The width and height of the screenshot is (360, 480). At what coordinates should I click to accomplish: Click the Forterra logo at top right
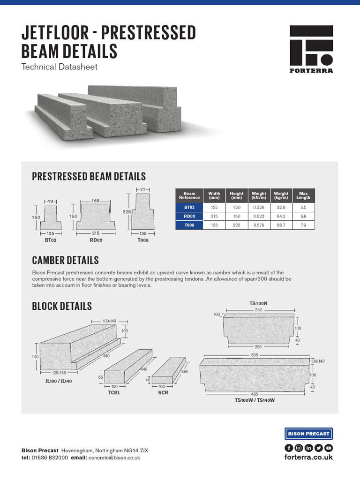311,49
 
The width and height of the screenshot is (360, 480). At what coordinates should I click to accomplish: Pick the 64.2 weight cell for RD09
281,217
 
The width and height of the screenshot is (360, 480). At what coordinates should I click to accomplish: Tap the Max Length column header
303,195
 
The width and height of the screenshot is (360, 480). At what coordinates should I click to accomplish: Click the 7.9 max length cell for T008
303,225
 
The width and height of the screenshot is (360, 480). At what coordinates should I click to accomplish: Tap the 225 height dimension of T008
127,211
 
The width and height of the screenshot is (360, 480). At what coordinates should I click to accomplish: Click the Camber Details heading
65,260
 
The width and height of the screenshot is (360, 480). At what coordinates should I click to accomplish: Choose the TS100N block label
258,303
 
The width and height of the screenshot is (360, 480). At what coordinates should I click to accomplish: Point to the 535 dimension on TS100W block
254,355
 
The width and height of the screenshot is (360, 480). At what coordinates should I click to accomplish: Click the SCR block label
163,393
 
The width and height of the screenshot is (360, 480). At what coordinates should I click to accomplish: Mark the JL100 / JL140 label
59,381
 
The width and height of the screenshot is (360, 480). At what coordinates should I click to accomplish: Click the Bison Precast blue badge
308,434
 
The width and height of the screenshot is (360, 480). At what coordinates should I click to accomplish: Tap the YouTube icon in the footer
329,448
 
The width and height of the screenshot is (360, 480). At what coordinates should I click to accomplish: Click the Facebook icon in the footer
289,448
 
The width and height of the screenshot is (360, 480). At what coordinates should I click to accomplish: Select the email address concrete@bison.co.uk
114,457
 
